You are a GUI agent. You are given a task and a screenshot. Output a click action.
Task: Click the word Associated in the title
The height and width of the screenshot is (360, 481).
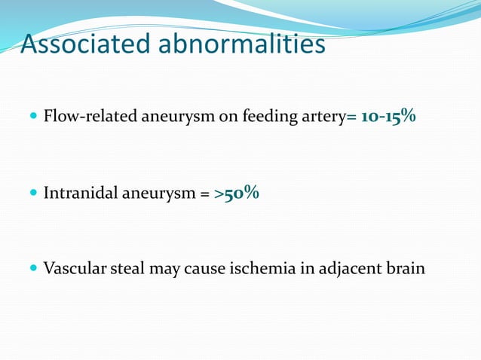pyautogui.click(x=85, y=44)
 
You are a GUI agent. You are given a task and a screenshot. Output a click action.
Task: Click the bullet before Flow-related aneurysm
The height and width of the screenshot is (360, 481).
pyautogui.click(x=32, y=117)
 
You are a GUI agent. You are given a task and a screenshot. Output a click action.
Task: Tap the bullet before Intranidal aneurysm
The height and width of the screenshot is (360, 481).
pyautogui.click(x=32, y=194)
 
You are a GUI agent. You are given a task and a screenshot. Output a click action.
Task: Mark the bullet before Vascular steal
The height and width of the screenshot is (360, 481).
pyautogui.click(x=32, y=268)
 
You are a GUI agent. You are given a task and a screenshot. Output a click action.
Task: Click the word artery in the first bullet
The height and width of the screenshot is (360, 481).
pyautogui.click(x=323, y=117)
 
